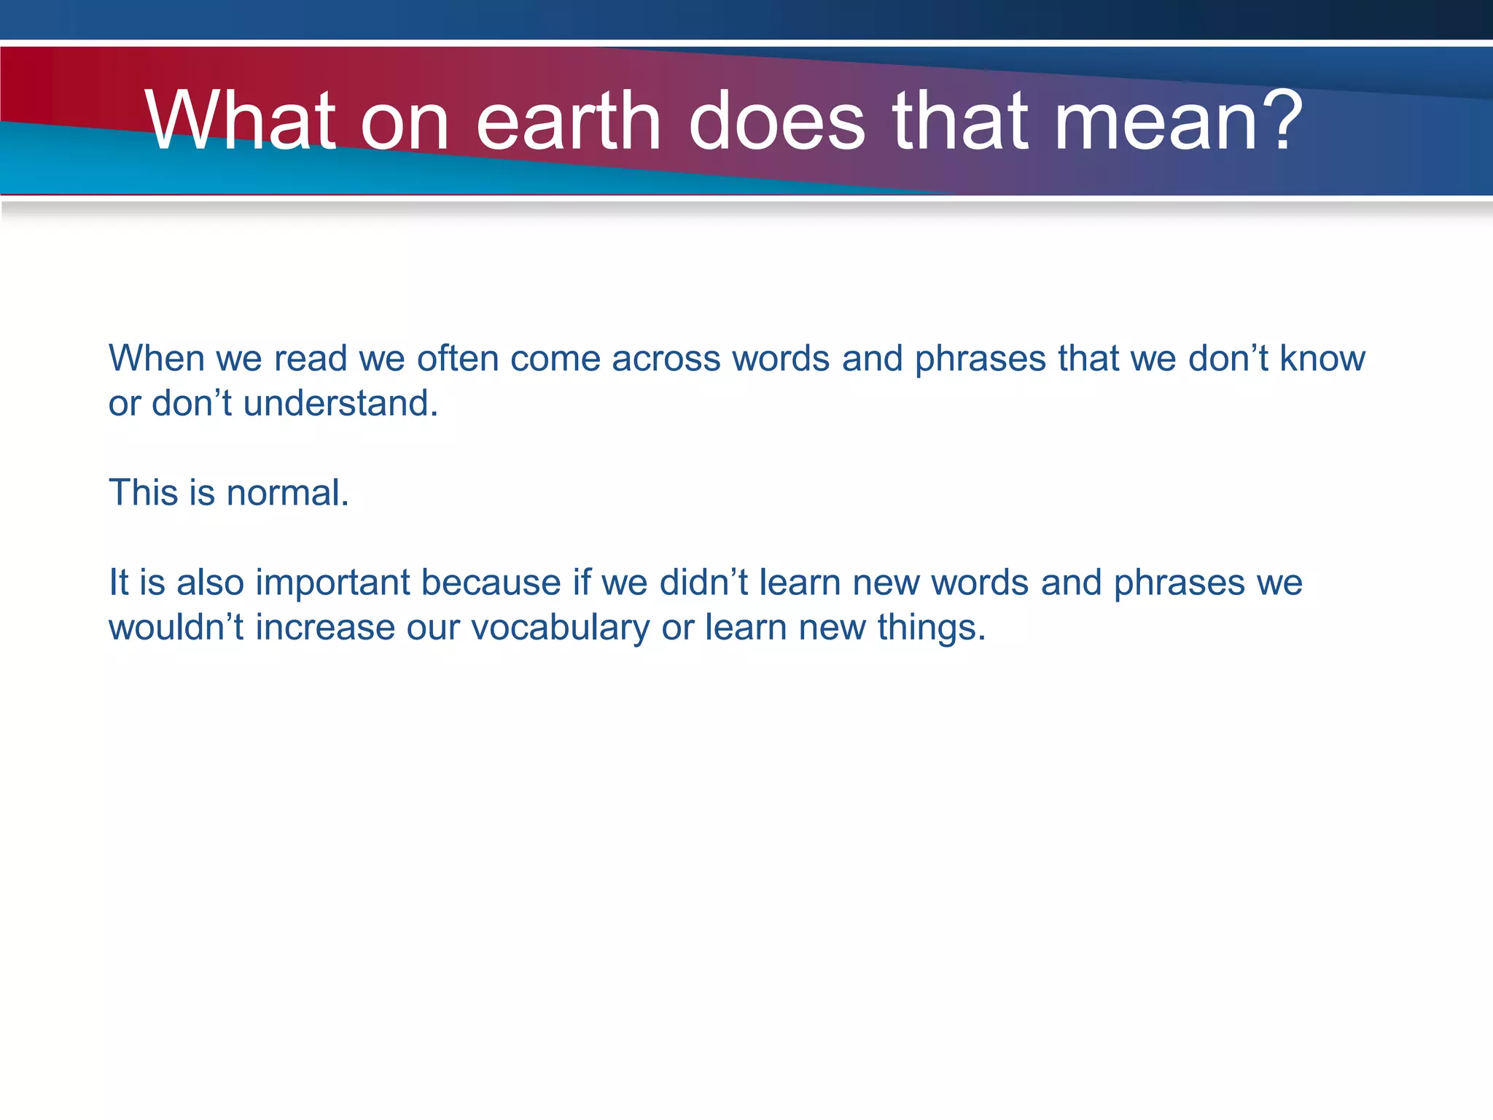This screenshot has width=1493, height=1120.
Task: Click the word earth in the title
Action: click(x=568, y=120)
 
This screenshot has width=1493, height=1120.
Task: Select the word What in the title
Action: click(x=241, y=120)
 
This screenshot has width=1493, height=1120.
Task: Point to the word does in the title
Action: click(x=776, y=120)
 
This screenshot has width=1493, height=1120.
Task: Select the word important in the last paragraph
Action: click(x=332, y=583)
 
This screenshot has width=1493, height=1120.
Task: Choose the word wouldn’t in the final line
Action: click(x=176, y=627)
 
